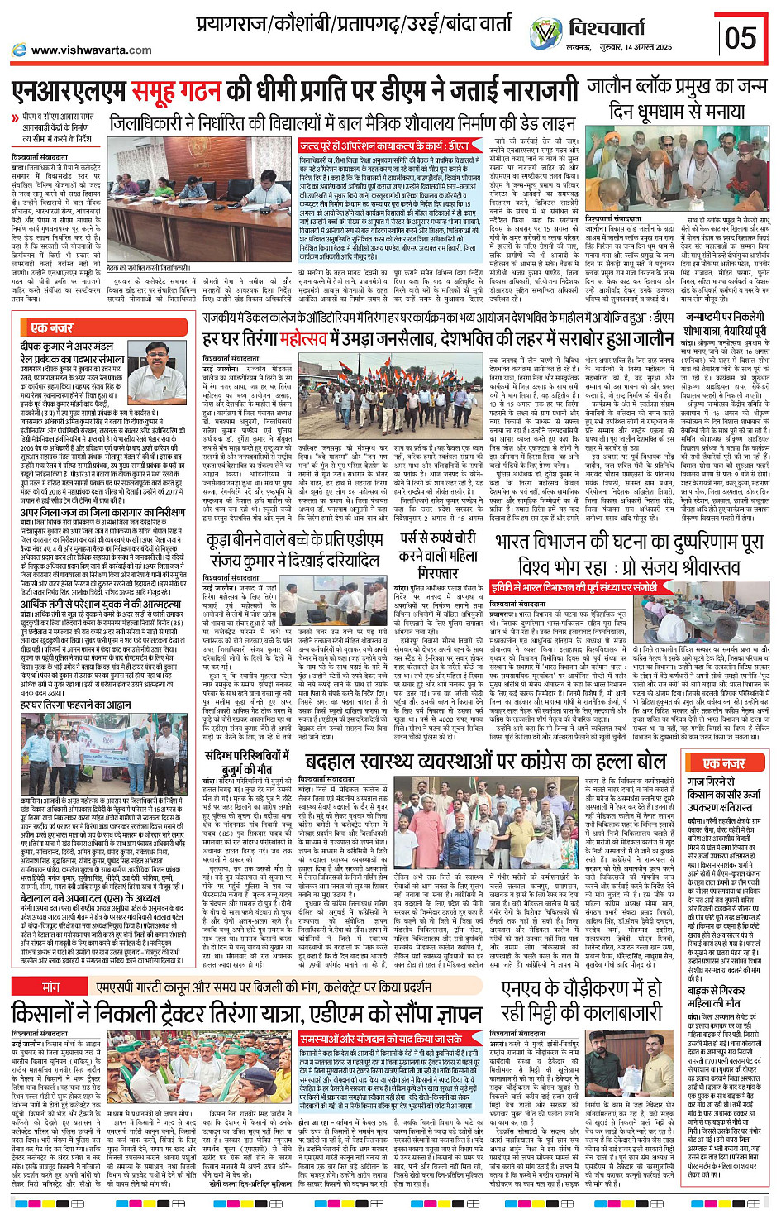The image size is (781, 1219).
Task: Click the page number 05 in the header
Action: coord(740,37)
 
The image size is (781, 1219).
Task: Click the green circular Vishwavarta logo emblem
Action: coord(546,34)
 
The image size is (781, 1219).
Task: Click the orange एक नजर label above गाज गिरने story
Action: coord(723,762)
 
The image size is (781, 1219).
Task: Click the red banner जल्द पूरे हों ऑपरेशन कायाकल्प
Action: coord(383,146)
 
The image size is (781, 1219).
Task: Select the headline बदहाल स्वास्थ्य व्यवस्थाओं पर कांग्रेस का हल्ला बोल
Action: coord(485,762)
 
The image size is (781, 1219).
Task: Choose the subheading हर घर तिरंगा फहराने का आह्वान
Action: coord(76,705)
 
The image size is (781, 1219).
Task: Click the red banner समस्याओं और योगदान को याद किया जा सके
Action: coord(381,1038)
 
